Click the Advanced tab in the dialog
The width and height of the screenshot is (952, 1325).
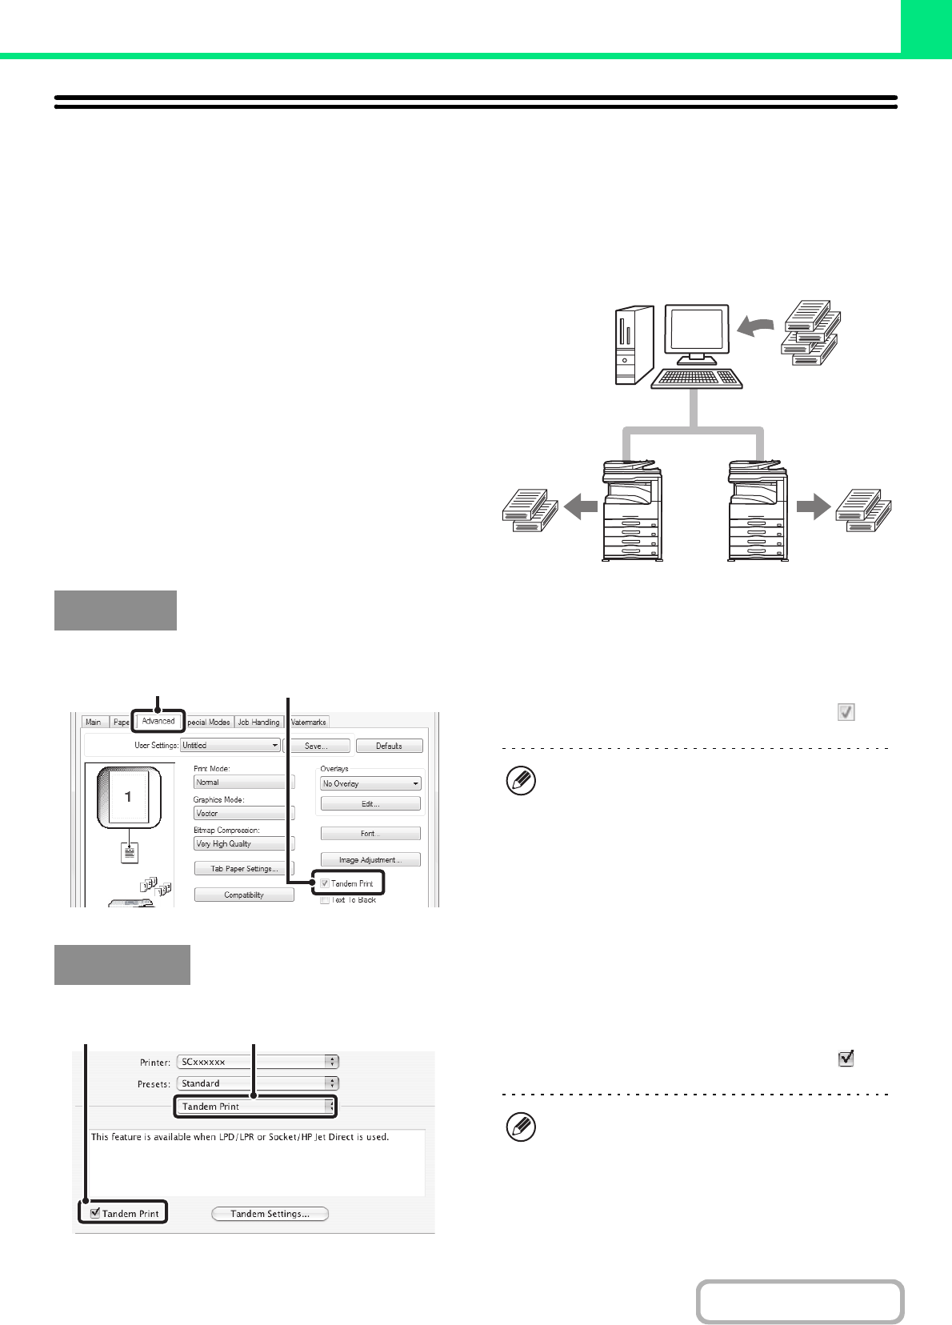(158, 721)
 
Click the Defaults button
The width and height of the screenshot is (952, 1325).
(389, 746)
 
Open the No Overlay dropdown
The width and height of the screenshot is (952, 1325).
(370, 784)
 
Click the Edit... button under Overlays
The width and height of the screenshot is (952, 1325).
(370, 803)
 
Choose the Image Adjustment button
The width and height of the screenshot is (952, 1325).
(370, 860)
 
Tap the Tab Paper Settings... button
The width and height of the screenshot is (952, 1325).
(244, 869)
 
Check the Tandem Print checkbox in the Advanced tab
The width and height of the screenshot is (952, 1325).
(325, 883)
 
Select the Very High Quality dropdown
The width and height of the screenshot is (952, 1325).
(244, 843)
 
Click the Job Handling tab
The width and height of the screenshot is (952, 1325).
(258, 722)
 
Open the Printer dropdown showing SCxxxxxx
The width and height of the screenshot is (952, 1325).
(258, 1062)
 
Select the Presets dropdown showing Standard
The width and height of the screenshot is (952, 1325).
(258, 1083)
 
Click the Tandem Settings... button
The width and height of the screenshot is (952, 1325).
(270, 1214)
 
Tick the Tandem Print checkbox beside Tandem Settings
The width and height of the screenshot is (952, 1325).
(95, 1213)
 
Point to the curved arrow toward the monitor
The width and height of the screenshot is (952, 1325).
(755, 326)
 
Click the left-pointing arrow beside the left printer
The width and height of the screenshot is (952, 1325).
(581, 506)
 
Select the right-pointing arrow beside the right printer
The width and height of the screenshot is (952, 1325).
(813, 506)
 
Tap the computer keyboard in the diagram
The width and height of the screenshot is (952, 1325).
(697, 378)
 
